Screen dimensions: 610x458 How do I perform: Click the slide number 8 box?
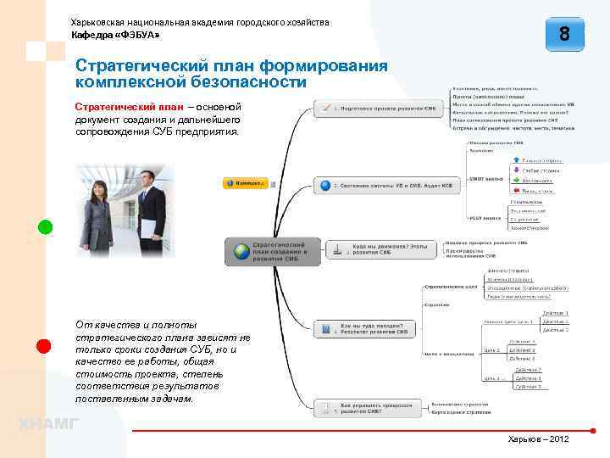click(x=564, y=36)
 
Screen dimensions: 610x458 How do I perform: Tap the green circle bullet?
click(x=45, y=226)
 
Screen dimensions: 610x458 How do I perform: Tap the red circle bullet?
click(x=45, y=345)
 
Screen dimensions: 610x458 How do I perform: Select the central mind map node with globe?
click(x=274, y=252)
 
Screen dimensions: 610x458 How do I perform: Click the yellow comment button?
click(x=245, y=183)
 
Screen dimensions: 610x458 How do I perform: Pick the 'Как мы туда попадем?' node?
click(x=366, y=327)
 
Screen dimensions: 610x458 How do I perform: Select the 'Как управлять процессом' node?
click(x=368, y=410)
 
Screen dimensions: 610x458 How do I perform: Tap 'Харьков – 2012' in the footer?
click(x=539, y=438)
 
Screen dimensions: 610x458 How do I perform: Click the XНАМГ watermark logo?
click(x=48, y=424)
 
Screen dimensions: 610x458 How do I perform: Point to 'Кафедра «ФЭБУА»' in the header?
click(x=114, y=36)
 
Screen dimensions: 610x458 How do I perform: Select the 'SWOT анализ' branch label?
click(x=486, y=178)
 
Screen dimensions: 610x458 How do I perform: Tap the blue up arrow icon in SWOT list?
click(x=516, y=159)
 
